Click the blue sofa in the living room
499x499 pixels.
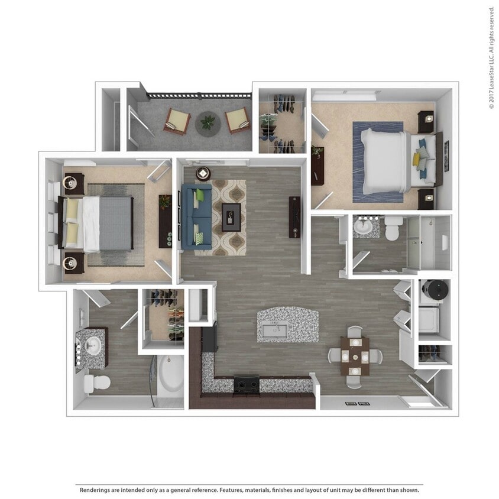[196, 216]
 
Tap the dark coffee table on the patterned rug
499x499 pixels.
[231, 216]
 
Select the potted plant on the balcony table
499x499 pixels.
[208, 123]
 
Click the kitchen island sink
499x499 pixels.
[274, 330]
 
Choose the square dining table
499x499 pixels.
[355, 356]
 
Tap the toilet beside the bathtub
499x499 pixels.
[96, 383]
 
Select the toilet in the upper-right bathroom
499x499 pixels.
[393, 228]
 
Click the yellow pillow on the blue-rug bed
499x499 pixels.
[417, 159]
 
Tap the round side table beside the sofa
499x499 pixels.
[203, 173]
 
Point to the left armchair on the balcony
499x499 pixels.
[177, 121]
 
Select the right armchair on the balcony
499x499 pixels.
[238, 120]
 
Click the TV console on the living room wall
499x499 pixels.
[294, 217]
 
